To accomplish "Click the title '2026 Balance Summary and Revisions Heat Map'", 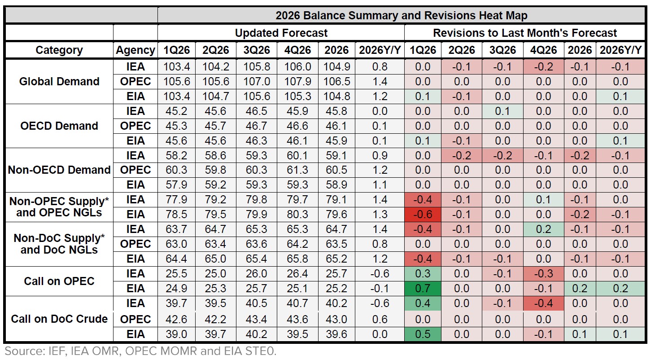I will pyautogui.click(x=401, y=16).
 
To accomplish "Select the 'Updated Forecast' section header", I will pyautogui.click(x=281, y=33).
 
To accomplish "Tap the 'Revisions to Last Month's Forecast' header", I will pyautogui.click(x=524, y=33).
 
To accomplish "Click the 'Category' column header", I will pyautogui.click(x=59, y=50).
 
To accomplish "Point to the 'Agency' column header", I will pyautogui.click(x=135, y=50).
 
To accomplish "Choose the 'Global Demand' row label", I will pyautogui.click(x=59, y=81).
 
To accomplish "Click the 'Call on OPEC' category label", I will pyautogui.click(x=59, y=281).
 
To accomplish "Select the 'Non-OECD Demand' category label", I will pyautogui.click(x=59, y=170).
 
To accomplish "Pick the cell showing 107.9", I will pyautogui.click(x=297, y=81).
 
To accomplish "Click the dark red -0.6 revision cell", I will pyautogui.click(x=422, y=215).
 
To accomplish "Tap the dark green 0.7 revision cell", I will pyautogui.click(x=422, y=289).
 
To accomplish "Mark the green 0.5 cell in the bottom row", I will pyautogui.click(x=422, y=334).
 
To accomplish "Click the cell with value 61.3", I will pyautogui.click(x=297, y=170).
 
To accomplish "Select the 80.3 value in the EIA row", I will pyautogui.click(x=297, y=215).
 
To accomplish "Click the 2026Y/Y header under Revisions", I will pyautogui.click(x=620, y=50).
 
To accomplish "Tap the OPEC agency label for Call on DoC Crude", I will pyautogui.click(x=135, y=319).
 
